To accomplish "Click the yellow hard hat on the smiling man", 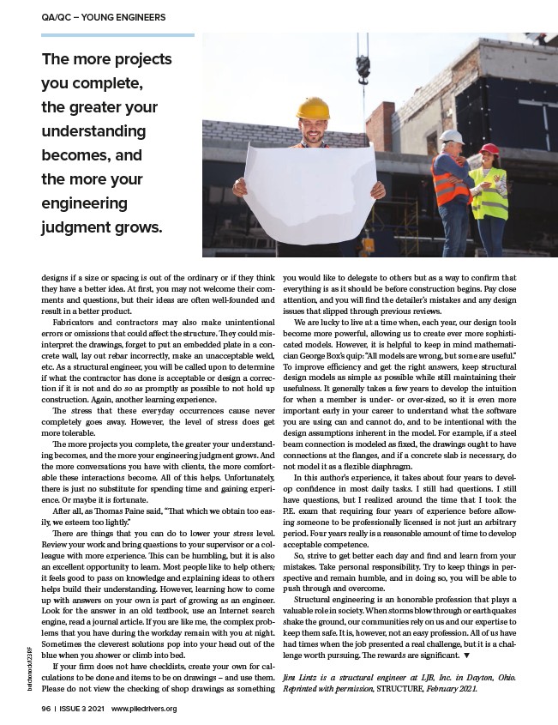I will point(312,109).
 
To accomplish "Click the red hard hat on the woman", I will point(489,149).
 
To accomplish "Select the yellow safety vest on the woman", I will point(489,193).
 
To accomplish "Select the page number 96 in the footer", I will point(45,709).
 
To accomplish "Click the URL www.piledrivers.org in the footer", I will point(144,709).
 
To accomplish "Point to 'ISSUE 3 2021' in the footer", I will point(81,709).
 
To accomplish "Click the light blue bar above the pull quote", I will point(117,35).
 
